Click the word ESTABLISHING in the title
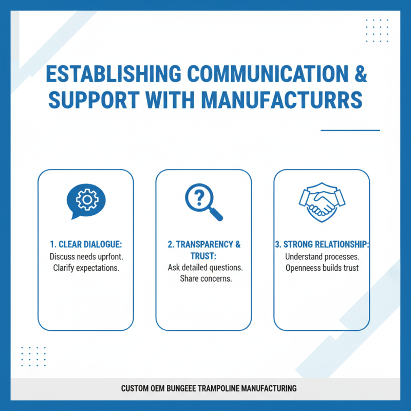pos(114,73)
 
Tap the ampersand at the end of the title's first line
pos(361,73)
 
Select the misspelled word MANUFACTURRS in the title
pos(282,100)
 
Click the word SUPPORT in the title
pos(94,100)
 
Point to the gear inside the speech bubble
pos(87,200)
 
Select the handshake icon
pos(322,202)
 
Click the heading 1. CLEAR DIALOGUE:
pos(86,245)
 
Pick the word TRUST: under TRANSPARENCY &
pos(203,256)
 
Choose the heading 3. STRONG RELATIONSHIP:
pos(322,245)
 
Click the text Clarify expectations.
pos(86,268)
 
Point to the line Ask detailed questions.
pos(205,267)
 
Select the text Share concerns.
pos(206,278)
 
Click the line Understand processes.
pos(322,256)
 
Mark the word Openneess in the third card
pos(303,268)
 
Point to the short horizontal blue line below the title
pos(350,130)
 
